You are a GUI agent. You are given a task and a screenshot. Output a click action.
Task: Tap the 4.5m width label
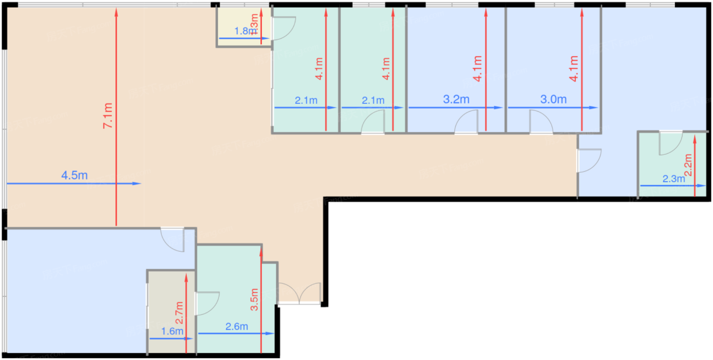click(x=74, y=176)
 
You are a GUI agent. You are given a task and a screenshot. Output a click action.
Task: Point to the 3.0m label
click(x=554, y=100)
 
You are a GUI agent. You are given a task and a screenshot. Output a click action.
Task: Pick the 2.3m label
click(x=673, y=179)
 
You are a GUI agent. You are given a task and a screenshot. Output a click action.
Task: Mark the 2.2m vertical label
click(x=689, y=165)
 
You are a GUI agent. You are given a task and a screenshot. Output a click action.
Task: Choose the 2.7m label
click(x=179, y=313)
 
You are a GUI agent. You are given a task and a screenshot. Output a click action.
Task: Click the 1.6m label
click(x=172, y=331)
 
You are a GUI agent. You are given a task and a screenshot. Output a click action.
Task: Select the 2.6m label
click(x=236, y=326)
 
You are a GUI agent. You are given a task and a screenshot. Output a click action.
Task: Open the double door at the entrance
click(x=299, y=294)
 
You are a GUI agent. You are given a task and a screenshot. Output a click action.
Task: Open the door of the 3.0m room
click(x=540, y=124)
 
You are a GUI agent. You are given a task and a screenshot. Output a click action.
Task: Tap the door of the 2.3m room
click(x=670, y=143)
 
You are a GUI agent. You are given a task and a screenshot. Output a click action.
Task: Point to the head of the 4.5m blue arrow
click(x=138, y=183)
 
